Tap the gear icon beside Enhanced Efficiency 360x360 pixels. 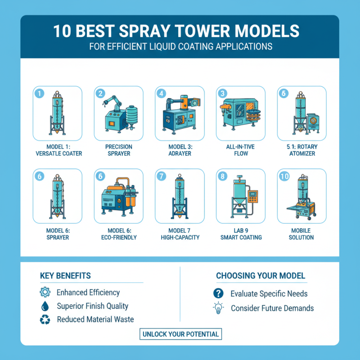pos(45,292)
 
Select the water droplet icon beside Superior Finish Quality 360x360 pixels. pos(45,306)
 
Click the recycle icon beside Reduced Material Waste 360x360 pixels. pos(45,319)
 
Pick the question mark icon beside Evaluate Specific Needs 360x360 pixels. pos(218,293)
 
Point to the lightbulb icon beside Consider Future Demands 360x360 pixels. pos(218,308)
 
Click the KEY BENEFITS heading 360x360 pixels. pos(65,275)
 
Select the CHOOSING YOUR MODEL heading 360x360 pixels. pos(261,275)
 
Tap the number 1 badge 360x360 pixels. pos(40,94)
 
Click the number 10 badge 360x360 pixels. pos(284,176)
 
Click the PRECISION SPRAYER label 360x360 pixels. pos(118,150)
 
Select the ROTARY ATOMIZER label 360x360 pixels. pos(301,153)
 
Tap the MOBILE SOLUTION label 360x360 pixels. pos(301,234)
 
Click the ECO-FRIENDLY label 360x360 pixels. pos(118,237)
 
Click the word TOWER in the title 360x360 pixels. pos(186,31)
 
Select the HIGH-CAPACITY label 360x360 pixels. pos(180,237)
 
